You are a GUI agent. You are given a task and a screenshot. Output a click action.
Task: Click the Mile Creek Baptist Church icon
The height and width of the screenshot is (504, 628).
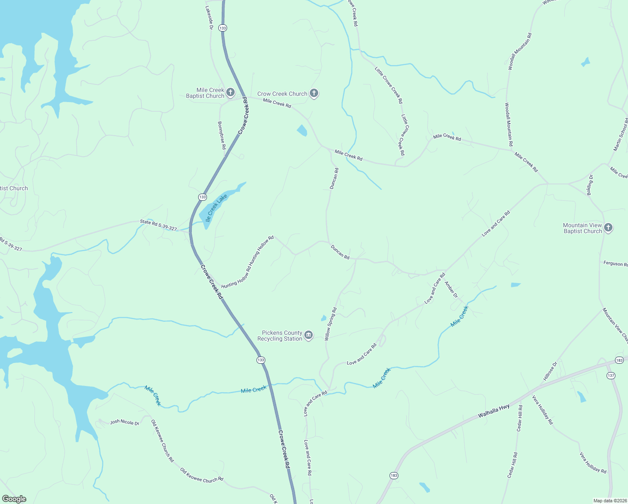230,92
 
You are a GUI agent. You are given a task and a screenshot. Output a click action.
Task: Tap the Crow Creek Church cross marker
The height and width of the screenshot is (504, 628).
314,93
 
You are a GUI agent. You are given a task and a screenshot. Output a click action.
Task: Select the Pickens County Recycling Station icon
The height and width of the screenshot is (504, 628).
309,335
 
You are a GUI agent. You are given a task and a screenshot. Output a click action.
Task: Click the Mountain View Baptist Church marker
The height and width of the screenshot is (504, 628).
608,228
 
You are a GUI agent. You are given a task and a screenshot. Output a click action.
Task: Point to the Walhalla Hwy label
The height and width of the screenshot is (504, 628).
494,411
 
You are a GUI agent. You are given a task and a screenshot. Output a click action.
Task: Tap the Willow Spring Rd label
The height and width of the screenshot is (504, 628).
331,324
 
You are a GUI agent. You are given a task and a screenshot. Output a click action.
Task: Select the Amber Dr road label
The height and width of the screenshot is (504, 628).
451,289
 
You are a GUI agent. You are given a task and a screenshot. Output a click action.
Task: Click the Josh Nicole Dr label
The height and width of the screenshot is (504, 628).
124,422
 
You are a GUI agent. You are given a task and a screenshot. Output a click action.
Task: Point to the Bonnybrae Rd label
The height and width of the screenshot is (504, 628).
222,135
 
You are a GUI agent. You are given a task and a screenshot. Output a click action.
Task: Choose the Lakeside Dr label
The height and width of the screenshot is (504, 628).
209,17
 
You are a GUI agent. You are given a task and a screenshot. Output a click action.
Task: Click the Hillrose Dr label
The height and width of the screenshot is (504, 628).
550,370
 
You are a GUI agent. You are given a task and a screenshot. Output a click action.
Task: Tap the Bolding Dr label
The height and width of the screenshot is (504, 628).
589,185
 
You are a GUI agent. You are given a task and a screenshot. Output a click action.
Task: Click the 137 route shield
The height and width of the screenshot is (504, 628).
611,375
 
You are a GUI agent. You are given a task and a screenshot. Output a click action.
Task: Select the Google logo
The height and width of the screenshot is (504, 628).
14,499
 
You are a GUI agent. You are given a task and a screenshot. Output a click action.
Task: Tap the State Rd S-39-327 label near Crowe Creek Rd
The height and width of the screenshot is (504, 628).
158,225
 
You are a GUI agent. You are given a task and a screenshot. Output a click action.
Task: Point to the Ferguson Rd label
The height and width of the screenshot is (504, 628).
615,264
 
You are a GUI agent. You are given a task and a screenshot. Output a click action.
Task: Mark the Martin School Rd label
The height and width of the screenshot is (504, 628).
620,134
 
